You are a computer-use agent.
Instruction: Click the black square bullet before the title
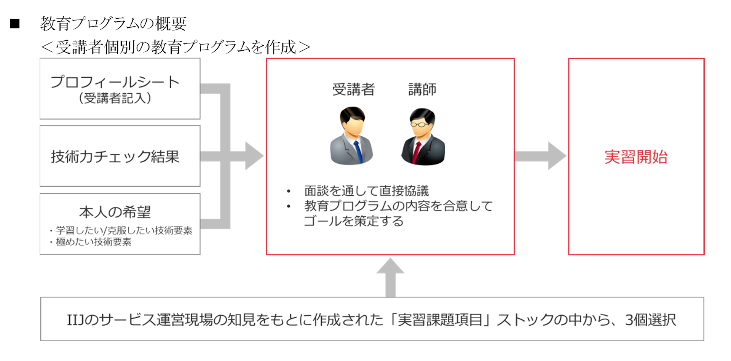coord(15,24)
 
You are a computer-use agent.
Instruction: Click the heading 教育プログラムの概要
coord(113,24)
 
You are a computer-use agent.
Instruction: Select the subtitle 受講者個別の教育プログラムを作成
coord(176,47)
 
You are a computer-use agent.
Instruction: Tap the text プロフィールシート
coord(115,82)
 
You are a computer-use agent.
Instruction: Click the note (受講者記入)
coord(115,98)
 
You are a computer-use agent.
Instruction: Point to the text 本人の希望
coord(115,212)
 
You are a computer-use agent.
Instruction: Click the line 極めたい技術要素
coord(94,242)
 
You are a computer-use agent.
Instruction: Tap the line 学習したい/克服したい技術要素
coord(124,230)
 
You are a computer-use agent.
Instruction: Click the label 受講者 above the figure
coord(353,89)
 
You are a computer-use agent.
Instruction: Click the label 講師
coord(422,89)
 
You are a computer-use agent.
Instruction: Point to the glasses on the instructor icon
coord(419,124)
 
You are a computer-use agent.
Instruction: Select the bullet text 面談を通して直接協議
coord(366,191)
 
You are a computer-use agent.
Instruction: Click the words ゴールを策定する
coord(353,221)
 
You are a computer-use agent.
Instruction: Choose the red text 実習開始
coord(636,157)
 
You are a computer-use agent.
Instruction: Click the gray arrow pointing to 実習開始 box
coord(541,156)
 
